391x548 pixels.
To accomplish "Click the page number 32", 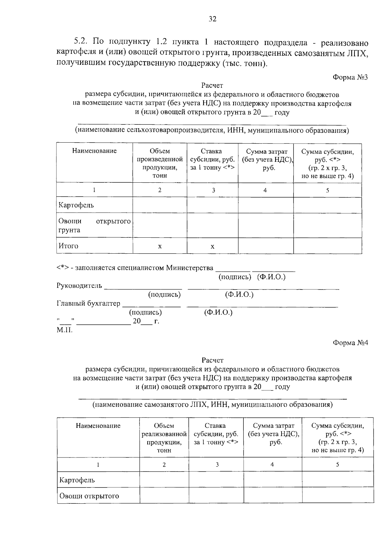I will (212, 19).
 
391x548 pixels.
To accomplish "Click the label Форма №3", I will (350, 77).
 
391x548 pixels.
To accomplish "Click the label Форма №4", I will (350, 343).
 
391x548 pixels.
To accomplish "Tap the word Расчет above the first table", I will (212, 86).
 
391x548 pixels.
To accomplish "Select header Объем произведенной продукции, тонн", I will (160, 163).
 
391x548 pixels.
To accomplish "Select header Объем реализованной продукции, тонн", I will (164, 438).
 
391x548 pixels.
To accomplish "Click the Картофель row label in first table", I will (76, 205).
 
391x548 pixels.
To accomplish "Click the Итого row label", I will (68, 246).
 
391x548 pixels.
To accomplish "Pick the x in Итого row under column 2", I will (160, 246).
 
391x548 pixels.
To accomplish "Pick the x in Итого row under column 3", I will (212, 246).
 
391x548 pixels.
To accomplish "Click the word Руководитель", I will (79, 286).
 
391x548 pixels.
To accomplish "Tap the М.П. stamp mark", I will (65, 330).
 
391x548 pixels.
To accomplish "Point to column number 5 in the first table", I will (327, 190).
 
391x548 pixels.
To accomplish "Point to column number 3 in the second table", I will (217, 465).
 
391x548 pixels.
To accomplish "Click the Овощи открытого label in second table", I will (89, 496).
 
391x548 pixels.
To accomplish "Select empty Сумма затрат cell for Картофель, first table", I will (266, 205).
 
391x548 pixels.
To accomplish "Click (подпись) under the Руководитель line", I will (164, 295).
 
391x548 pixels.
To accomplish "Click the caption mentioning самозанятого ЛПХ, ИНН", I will (212, 405).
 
